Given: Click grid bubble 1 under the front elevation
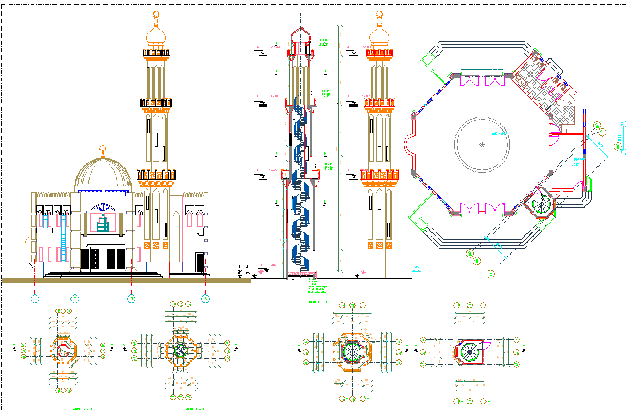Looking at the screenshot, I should click(35, 299).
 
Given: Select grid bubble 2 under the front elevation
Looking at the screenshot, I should click(75, 299).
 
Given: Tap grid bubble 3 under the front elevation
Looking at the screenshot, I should click(131, 299).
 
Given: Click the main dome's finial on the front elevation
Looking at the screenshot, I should click(102, 151).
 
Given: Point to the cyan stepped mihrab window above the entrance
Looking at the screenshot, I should click(102, 222).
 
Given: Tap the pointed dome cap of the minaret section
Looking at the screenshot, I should click(300, 34).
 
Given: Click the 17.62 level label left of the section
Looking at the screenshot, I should click(275, 96).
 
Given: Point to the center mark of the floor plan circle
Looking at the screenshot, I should click(482, 144).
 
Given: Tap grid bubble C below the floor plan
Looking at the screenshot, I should click(490, 274).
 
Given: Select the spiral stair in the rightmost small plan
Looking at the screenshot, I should click(470, 350).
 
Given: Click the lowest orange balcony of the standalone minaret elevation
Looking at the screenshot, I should click(378, 175).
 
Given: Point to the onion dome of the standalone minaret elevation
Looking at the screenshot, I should click(378, 37).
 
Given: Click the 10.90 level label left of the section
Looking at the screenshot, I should click(274, 170).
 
